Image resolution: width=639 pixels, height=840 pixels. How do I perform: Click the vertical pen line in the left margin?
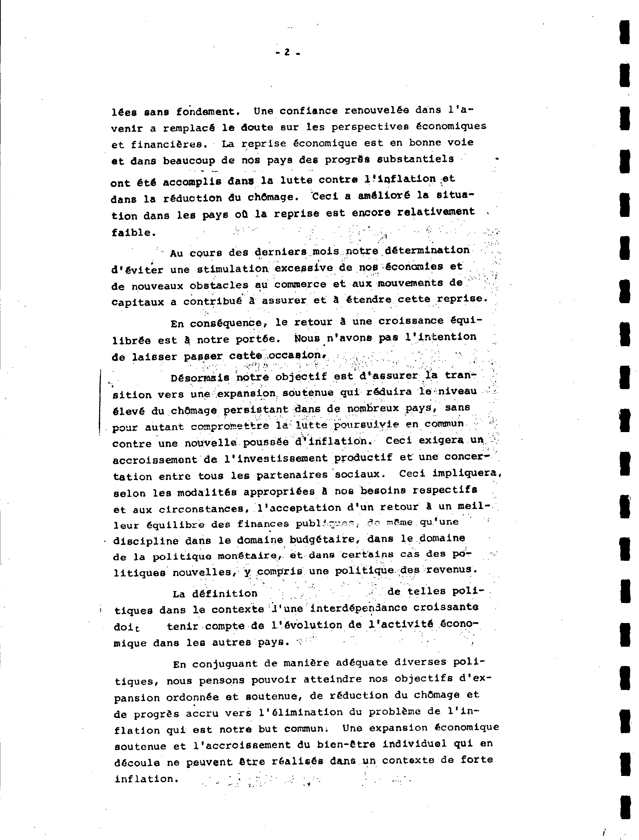point(100,401)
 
